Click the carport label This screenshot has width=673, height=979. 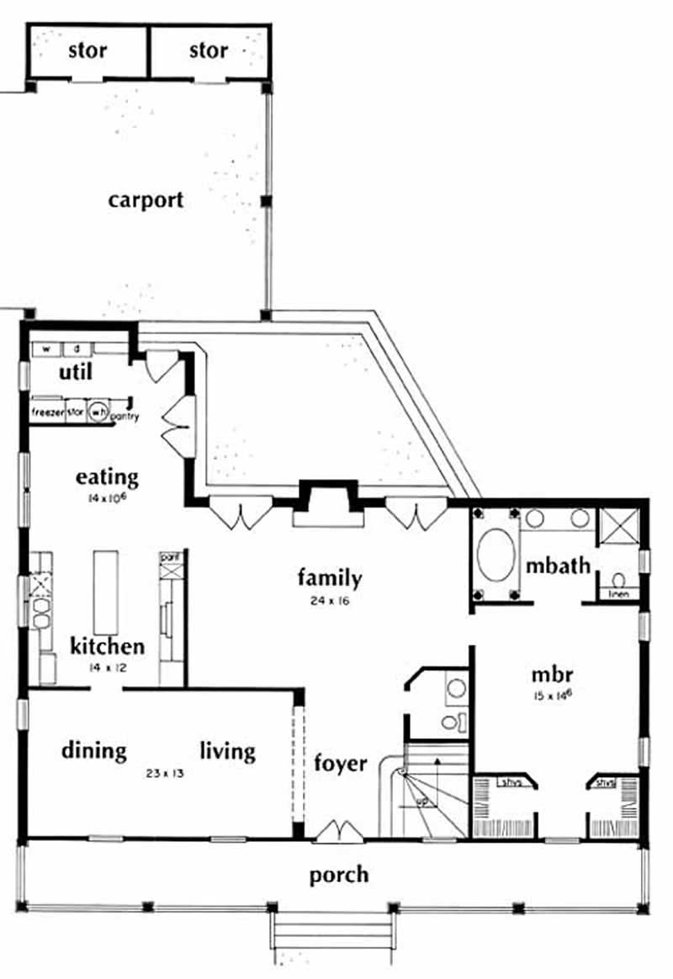coord(146,200)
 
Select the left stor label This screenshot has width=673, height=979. coord(87,51)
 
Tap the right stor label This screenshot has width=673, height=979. coord(208,51)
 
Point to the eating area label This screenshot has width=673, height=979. coord(107,477)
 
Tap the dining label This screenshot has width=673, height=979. coord(93,749)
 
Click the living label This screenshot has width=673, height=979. coord(228,749)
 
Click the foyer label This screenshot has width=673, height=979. coord(341,763)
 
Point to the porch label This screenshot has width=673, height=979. coord(338,875)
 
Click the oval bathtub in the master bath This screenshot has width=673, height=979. coord(494,558)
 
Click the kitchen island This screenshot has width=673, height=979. coord(106,593)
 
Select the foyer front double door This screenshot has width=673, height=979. coord(340,832)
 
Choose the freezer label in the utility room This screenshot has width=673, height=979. coord(48,412)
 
